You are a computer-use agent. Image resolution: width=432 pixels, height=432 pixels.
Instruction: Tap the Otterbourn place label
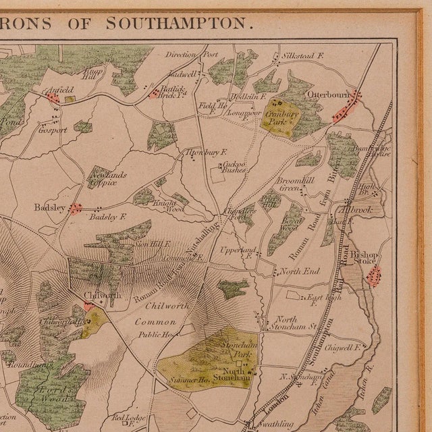(326, 94)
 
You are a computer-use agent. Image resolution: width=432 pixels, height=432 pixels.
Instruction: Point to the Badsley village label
(49, 208)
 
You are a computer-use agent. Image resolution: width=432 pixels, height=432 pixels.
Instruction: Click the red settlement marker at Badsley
(76, 209)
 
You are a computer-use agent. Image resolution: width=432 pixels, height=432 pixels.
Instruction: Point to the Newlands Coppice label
(108, 178)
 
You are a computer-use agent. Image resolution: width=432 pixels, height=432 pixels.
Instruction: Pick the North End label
(299, 271)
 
